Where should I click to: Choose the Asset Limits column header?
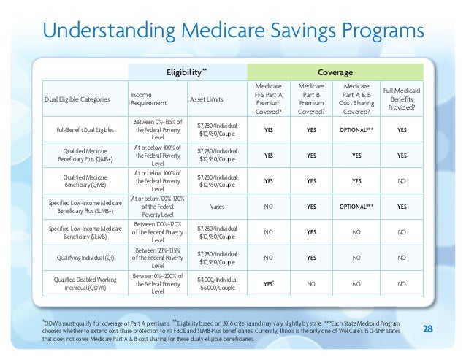pos(207,99)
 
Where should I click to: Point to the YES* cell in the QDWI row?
pos(270,283)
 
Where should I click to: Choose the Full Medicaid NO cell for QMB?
pos(402,181)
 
